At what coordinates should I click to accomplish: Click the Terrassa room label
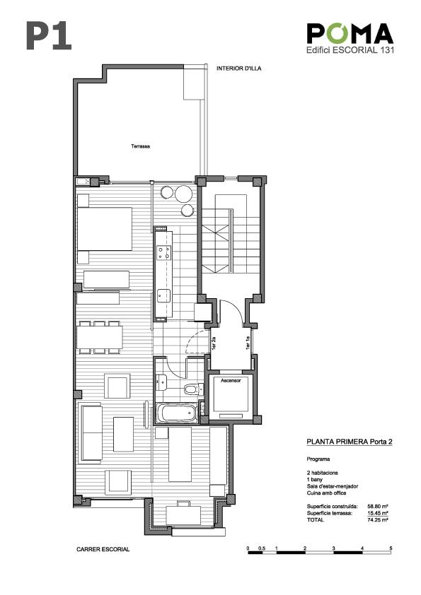click(140, 146)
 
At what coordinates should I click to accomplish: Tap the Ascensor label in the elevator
click(231, 381)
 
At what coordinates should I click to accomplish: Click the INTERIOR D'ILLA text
click(239, 69)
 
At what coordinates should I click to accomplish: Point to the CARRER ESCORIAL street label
click(103, 549)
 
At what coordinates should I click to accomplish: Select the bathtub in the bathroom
click(178, 413)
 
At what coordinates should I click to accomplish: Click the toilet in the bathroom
click(194, 389)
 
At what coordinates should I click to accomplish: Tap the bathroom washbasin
click(161, 382)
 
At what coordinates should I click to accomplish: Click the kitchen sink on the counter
click(163, 295)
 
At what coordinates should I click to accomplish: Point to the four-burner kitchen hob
click(164, 253)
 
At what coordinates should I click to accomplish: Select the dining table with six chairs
click(100, 337)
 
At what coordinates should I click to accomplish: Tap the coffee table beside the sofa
click(124, 434)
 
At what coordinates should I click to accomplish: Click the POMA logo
click(350, 33)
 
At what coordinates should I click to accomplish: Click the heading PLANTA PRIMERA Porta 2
click(350, 442)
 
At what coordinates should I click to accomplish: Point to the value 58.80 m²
click(378, 506)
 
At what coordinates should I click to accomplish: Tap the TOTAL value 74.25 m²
click(378, 520)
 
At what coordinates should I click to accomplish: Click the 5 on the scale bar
click(391, 548)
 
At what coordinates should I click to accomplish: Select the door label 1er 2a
click(214, 343)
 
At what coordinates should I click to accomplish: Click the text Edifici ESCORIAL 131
click(350, 49)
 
